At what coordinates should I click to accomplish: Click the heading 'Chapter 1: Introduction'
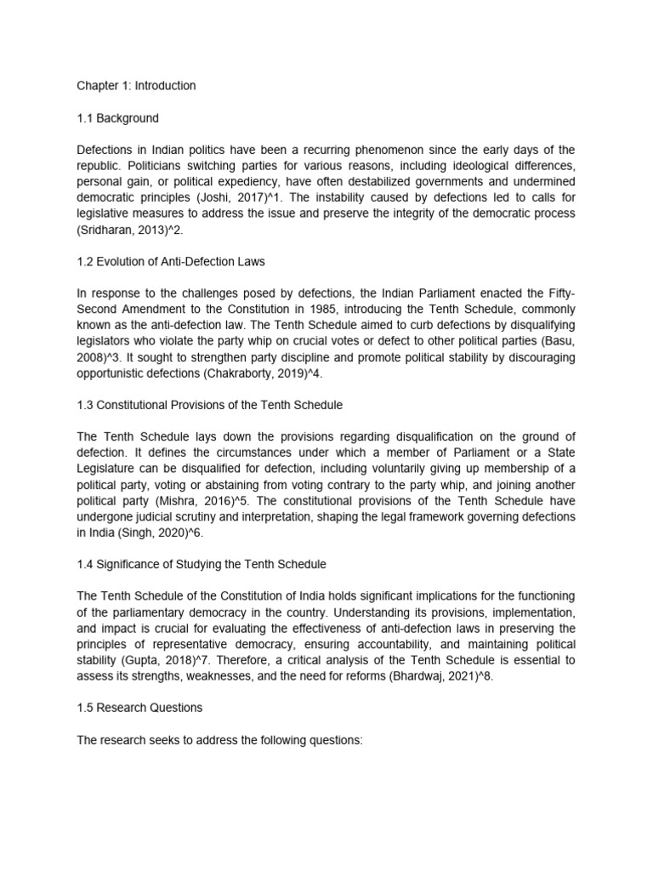coord(136,86)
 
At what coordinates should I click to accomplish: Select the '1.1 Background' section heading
coord(117,118)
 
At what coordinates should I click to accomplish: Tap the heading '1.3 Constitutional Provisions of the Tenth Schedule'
coord(209,405)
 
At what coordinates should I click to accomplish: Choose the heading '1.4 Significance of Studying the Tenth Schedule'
coord(201,565)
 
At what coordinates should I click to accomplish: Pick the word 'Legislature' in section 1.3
coord(107,470)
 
